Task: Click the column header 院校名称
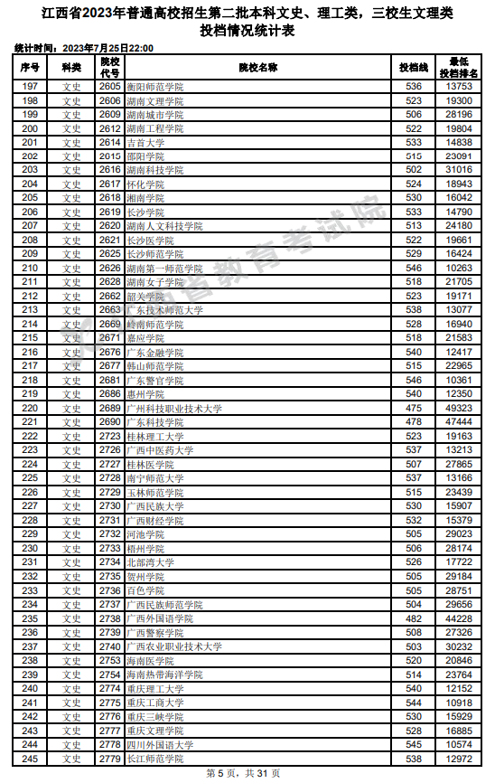click(258, 68)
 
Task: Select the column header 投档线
click(414, 68)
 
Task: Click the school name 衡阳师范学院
click(154, 87)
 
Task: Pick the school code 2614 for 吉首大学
click(110, 143)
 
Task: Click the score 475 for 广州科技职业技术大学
click(414, 409)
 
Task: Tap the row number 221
click(30, 422)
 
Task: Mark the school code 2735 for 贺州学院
click(110, 576)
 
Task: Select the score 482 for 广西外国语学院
click(414, 618)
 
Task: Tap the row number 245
click(30, 759)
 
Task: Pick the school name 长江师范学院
click(154, 759)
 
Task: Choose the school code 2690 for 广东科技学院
click(110, 422)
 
